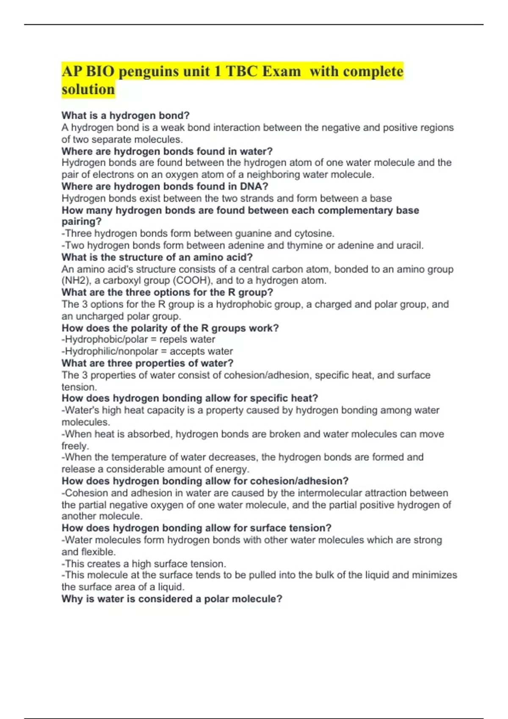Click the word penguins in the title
click(149, 71)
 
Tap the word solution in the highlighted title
click(88, 90)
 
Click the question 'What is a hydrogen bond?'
click(125, 115)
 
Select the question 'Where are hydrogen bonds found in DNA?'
click(165, 187)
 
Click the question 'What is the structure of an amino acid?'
click(157, 257)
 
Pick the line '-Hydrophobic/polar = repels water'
click(138, 340)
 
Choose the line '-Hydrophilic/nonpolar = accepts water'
click(147, 351)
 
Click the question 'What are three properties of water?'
click(147, 363)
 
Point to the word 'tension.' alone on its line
click(79, 387)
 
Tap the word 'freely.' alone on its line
click(75, 446)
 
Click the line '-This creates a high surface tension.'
click(144, 564)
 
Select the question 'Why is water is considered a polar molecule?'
click(172, 599)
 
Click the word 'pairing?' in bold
click(82, 222)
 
